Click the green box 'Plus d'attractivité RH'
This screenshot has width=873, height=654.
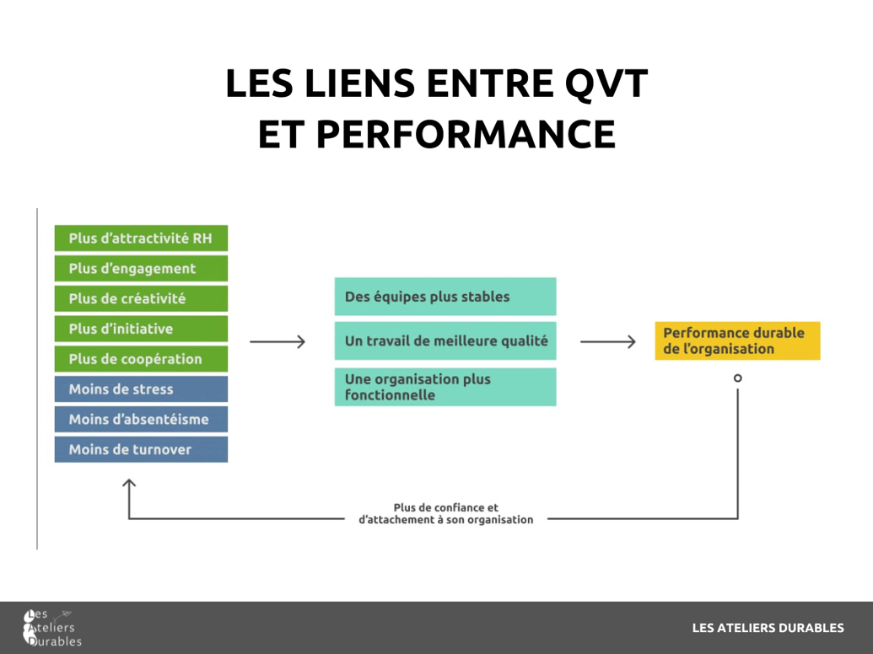pyautogui.click(x=141, y=239)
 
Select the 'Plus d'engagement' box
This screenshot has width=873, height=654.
pyautogui.click(x=141, y=269)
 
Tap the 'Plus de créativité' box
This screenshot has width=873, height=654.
pyautogui.click(x=141, y=299)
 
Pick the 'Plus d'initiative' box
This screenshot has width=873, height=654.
pyautogui.click(x=141, y=329)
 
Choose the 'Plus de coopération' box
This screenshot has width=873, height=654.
pyautogui.click(x=141, y=359)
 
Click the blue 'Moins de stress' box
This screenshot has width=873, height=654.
pyautogui.click(x=141, y=389)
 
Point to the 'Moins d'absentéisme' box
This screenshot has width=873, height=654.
pyautogui.click(x=141, y=419)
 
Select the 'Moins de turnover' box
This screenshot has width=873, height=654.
pyautogui.click(x=141, y=449)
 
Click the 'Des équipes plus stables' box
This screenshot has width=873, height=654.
pyautogui.click(x=445, y=297)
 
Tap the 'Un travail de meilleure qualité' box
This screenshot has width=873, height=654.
pyautogui.click(x=445, y=340)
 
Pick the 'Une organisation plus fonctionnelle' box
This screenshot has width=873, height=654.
pyautogui.click(x=445, y=387)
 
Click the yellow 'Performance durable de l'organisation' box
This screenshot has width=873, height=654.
pyautogui.click(x=737, y=340)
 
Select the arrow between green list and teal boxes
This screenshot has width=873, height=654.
pyautogui.click(x=278, y=341)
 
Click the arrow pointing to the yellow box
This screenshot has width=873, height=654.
pyautogui.click(x=607, y=341)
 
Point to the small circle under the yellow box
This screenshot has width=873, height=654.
pyautogui.click(x=738, y=378)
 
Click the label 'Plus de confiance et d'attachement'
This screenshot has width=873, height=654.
pyautogui.click(x=445, y=513)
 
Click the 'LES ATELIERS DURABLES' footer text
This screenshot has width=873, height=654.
pyautogui.click(x=768, y=628)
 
